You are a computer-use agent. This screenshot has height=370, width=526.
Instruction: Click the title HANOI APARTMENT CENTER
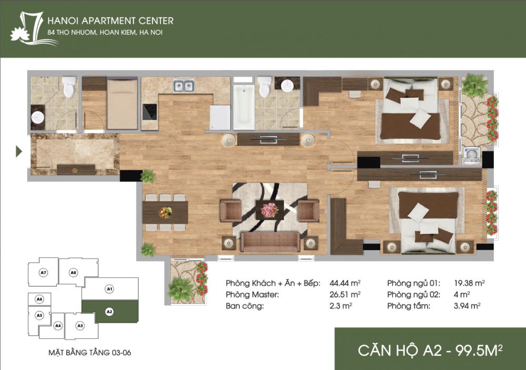point(110,21)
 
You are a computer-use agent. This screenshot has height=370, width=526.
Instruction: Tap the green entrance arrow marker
point(19,152)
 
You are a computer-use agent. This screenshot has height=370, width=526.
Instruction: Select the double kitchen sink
point(184,86)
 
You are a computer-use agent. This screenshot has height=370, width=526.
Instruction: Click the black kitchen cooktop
point(149,111)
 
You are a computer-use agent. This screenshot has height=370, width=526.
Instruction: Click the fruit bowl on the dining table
point(165,212)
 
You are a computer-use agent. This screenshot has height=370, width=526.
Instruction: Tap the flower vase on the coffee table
point(270,209)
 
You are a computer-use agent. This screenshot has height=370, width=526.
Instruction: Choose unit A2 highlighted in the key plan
point(109,312)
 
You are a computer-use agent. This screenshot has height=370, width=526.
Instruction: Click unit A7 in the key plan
point(44,273)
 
